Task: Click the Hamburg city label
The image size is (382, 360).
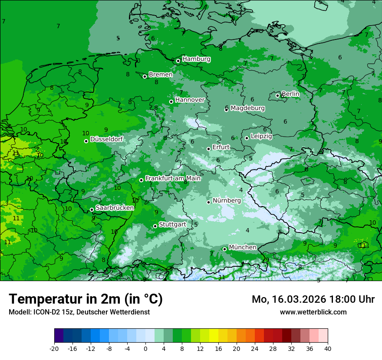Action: tap(196, 59)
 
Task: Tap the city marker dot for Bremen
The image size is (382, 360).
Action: tap(145, 76)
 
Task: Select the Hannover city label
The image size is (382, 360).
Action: tap(190, 100)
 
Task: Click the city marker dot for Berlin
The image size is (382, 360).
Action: tap(278, 95)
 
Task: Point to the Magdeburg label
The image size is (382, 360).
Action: tap(247, 108)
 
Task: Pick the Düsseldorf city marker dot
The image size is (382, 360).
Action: tap(86, 141)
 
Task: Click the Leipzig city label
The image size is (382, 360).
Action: tap(261, 136)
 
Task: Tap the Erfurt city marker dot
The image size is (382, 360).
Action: tap(208, 149)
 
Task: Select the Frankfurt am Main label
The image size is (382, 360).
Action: tap(173, 178)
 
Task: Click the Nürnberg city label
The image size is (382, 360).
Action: tap(227, 200)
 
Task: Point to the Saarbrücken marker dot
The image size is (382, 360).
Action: tap(92, 209)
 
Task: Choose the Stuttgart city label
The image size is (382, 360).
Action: tap(172, 224)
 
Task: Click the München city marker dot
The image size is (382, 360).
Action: tap(224, 249)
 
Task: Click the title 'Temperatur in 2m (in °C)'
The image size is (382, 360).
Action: tap(86, 299)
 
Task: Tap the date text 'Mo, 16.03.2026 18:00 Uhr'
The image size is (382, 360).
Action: tap(313, 299)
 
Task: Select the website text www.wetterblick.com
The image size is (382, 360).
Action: tap(313, 312)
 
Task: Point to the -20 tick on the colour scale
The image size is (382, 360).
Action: tap(54, 348)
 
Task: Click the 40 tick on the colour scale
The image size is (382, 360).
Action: tap(328, 348)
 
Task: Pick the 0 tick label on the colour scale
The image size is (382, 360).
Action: tap(145, 348)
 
